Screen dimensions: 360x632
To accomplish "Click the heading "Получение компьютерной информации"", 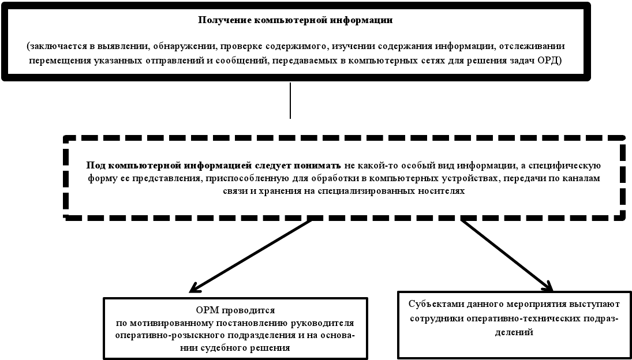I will pos(295,20).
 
